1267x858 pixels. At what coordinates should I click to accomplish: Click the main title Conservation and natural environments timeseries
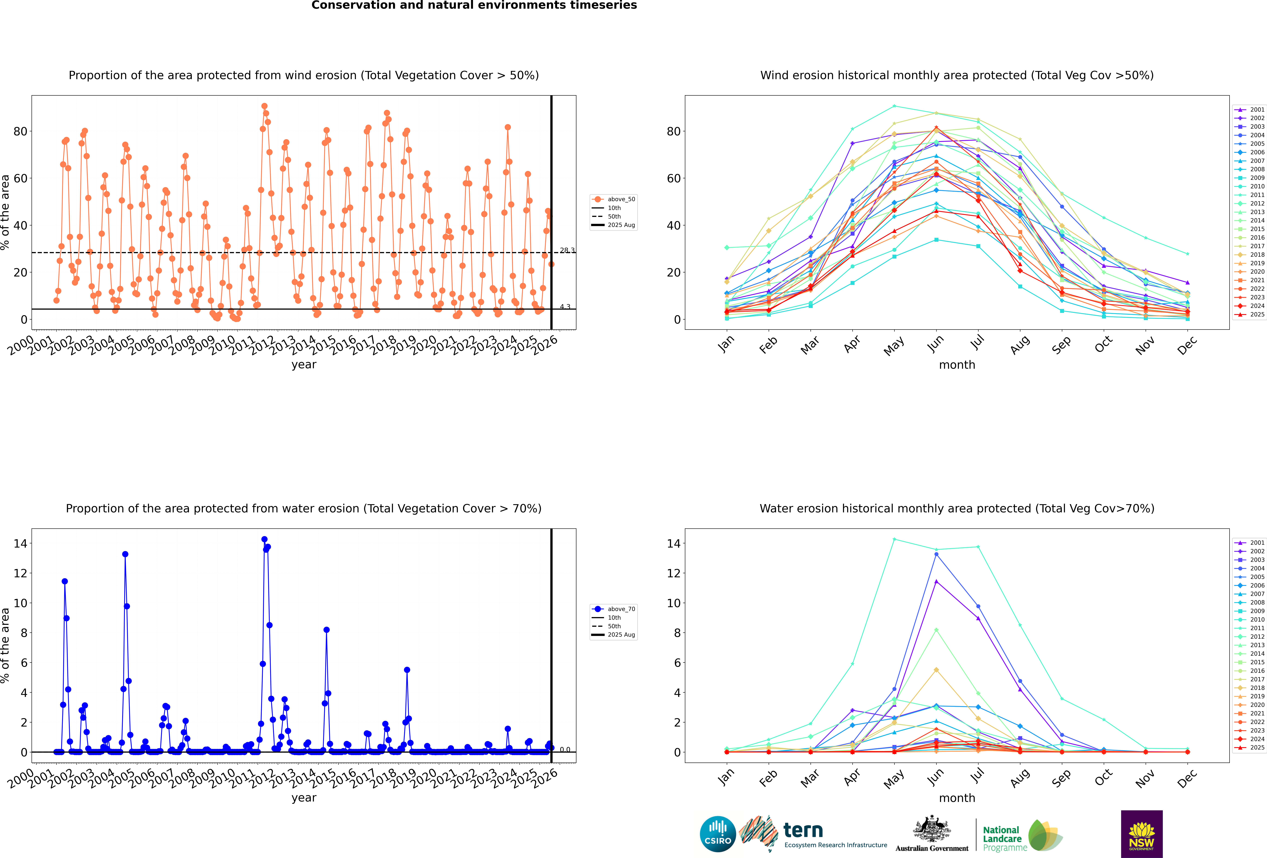474,5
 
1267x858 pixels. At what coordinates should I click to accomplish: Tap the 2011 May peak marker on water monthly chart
894,539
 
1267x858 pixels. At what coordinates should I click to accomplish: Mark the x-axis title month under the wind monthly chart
957,365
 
